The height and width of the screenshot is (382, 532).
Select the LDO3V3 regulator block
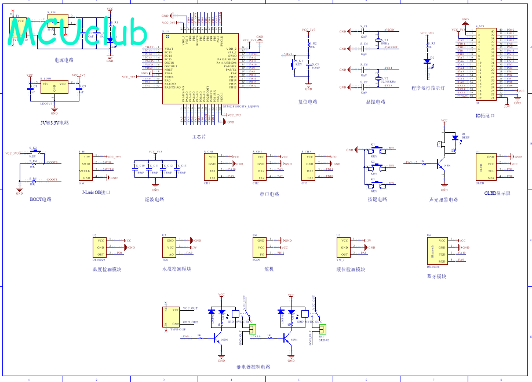pyautogui.click(x=54, y=87)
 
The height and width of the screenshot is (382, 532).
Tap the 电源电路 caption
pyautogui.click(x=64, y=60)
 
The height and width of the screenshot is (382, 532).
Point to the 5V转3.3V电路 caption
pyautogui.click(x=54, y=122)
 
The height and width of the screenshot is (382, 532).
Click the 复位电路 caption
pyautogui.click(x=308, y=101)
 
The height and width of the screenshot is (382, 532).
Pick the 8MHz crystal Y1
pyautogui.click(x=377, y=41)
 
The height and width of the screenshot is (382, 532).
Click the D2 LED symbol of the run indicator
pyautogui.click(x=427, y=60)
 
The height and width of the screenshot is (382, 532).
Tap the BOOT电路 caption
pyautogui.click(x=41, y=199)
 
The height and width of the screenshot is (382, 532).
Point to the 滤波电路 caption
pyautogui.click(x=154, y=199)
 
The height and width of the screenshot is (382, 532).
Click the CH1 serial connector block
pyautogui.click(x=212, y=167)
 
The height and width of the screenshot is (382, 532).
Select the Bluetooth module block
pyautogui.click(x=437, y=250)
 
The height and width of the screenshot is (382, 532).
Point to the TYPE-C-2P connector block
pyautogui.click(x=173, y=316)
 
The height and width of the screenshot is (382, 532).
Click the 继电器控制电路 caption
pyautogui.click(x=253, y=367)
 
